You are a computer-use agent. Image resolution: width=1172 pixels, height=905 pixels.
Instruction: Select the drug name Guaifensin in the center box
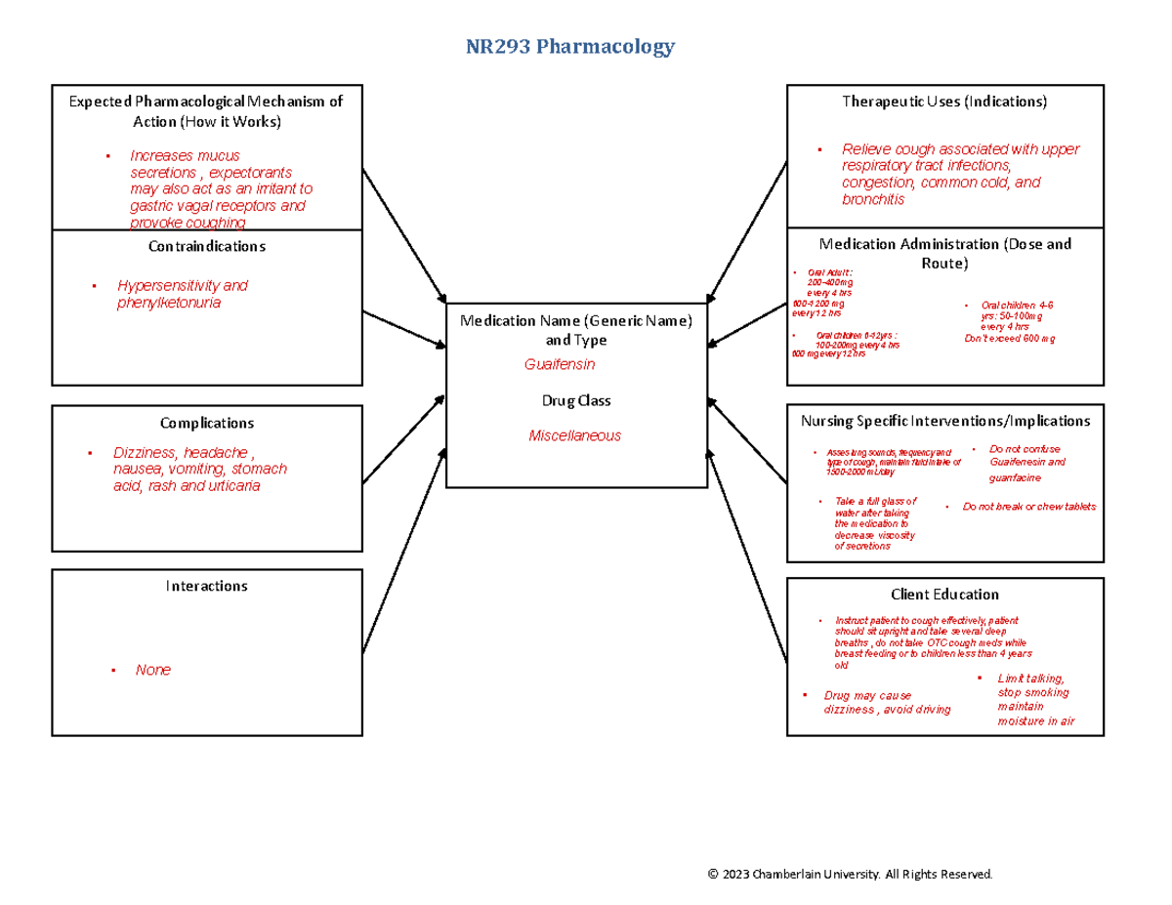pos(560,364)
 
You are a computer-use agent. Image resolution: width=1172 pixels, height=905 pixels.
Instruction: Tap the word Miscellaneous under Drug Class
pos(574,436)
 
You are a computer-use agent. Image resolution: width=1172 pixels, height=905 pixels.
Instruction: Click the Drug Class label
pos(576,400)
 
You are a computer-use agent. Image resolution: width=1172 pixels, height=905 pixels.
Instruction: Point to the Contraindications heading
pos(206,247)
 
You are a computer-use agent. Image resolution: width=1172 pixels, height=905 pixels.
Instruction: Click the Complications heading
pos(206,423)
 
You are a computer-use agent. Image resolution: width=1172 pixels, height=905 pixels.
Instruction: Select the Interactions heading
pos(206,586)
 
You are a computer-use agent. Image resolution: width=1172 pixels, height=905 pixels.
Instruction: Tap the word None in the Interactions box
pos(153,670)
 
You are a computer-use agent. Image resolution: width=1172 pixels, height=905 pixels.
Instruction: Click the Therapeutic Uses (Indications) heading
pos(944,102)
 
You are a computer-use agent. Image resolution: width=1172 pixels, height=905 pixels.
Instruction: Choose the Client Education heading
pos(944,594)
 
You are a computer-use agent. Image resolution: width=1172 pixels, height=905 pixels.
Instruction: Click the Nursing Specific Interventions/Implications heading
pos(944,421)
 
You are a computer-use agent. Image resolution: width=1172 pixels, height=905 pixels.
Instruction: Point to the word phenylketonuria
pos(169,303)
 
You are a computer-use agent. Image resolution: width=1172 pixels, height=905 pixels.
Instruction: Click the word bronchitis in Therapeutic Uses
pos(873,199)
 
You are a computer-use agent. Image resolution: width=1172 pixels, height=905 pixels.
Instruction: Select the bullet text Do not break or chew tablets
pos(1028,507)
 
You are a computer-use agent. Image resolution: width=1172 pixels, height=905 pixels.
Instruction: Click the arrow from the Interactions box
pos(402,552)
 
